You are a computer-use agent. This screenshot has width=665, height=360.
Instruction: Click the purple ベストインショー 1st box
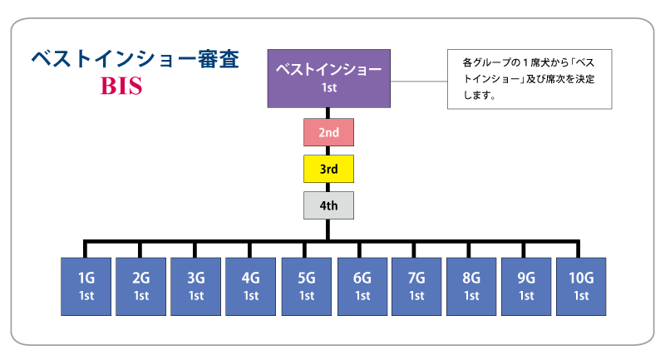click(328, 77)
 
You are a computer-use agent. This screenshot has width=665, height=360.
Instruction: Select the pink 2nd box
click(328, 132)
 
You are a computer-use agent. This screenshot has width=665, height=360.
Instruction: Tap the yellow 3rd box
click(328, 169)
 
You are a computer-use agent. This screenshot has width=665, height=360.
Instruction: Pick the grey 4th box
click(328, 205)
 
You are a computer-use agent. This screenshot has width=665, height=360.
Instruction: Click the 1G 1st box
click(86, 286)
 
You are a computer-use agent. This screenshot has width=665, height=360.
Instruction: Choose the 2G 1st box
click(140, 286)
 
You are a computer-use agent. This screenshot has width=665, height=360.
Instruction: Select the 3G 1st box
click(196, 286)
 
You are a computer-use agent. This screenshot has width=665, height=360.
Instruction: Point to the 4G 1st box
click(251, 286)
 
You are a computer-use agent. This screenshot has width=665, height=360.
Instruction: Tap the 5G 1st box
click(307, 286)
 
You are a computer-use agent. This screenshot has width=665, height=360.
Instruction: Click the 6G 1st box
click(362, 286)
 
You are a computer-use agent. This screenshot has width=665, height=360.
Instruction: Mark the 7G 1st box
click(416, 286)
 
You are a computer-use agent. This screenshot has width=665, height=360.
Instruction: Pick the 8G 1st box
click(471, 286)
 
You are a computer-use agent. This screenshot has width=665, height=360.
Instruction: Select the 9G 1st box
click(526, 286)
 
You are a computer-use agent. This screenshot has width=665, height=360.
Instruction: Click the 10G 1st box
click(581, 286)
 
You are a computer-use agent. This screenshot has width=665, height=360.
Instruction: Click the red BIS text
click(122, 86)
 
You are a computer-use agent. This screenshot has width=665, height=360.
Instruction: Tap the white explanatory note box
click(530, 78)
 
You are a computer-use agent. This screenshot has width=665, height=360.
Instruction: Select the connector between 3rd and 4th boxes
click(328, 187)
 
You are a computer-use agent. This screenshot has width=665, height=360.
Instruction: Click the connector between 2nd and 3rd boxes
click(328, 150)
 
